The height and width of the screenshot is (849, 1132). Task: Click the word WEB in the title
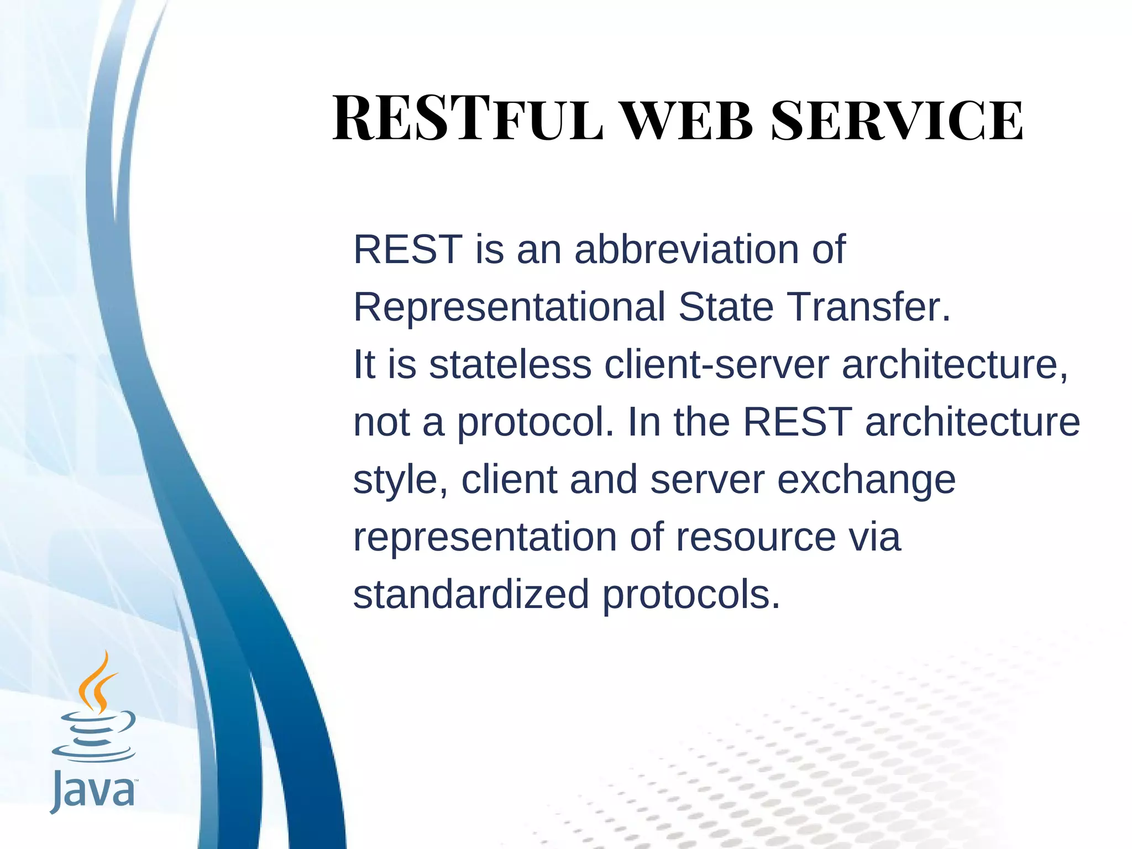[x=688, y=121]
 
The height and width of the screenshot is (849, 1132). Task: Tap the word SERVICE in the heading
[x=897, y=121]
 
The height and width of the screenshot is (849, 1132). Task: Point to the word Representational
[x=509, y=307]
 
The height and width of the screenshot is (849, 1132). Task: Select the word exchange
[x=866, y=480]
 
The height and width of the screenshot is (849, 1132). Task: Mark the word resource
[x=756, y=537]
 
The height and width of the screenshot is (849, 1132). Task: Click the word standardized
[x=471, y=594]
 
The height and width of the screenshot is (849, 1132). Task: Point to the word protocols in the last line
[x=691, y=595]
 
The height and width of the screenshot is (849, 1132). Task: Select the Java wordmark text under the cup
[x=93, y=792]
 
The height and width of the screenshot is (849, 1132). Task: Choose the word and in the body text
[x=604, y=479]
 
